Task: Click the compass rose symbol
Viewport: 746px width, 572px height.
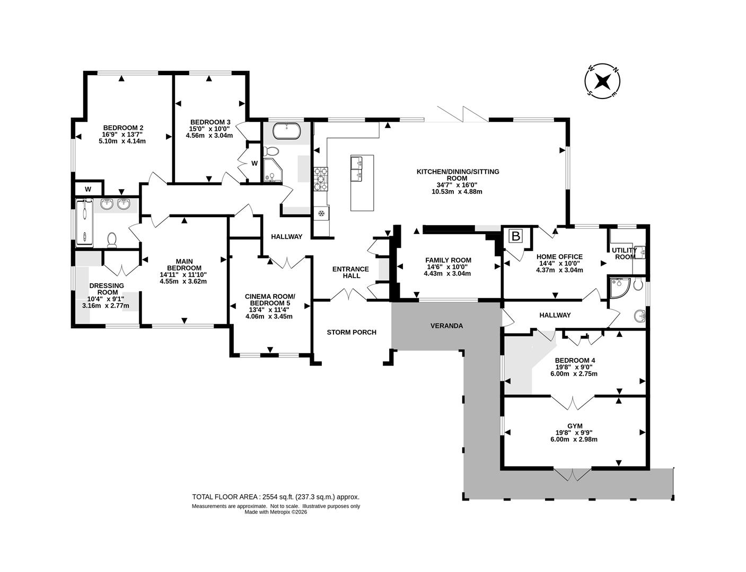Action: pos(602,82)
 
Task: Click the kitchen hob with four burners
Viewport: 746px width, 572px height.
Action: pos(321,178)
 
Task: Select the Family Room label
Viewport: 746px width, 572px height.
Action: pos(448,260)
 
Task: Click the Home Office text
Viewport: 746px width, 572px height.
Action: pos(559,257)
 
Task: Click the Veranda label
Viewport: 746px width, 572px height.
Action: pos(446,326)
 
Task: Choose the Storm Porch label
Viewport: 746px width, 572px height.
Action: pos(351,332)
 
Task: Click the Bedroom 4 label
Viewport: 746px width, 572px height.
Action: pos(574,360)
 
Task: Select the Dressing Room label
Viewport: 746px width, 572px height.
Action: pos(107,289)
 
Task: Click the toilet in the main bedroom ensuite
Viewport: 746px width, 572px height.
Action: pos(112,240)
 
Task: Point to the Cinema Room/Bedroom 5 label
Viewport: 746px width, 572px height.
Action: pos(269,299)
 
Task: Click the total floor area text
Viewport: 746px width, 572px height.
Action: pos(275,497)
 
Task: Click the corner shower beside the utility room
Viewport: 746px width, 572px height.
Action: pos(620,287)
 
